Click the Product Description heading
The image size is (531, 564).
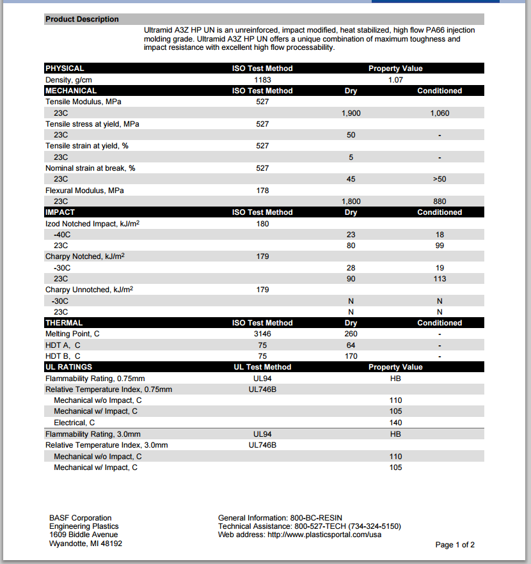pyautogui.click(x=82, y=19)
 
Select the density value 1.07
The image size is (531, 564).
pyautogui.click(x=395, y=80)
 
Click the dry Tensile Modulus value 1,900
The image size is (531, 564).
pyautogui.click(x=351, y=113)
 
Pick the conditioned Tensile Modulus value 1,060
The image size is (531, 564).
pyautogui.click(x=440, y=113)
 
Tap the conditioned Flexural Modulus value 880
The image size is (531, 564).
pyautogui.click(x=440, y=201)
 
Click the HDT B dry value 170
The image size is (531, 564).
pyautogui.click(x=351, y=356)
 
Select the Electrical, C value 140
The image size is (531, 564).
pyautogui.click(x=395, y=423)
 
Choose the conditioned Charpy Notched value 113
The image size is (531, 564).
pyautogui.click(x=440, y=279)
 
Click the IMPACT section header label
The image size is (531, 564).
pyautogui.click(x=60, y=212)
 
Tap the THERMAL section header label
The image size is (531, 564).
pyautogui.click(x=64, y=323)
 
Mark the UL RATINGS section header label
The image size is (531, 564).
pyautogui.click(x=68, y=367)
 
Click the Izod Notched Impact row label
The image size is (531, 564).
pyautogui.click(x=93, y=224)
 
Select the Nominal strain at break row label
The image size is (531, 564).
pyautogui.click(x=90, y=168)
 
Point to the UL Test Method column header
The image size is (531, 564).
pyautogui.click(x=262, y=367)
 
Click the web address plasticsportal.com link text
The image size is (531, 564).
pyautogui.click(x=324, y=535)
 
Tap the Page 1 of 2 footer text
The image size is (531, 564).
pyautogui.click(x=455, y=545)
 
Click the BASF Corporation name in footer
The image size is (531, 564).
pyautogui.click(x=80, y=518)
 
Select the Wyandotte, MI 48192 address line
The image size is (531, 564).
pyautogui.click(x=85, y=544)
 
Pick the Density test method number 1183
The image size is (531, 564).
pyautogui.click(x=262, y=80)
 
